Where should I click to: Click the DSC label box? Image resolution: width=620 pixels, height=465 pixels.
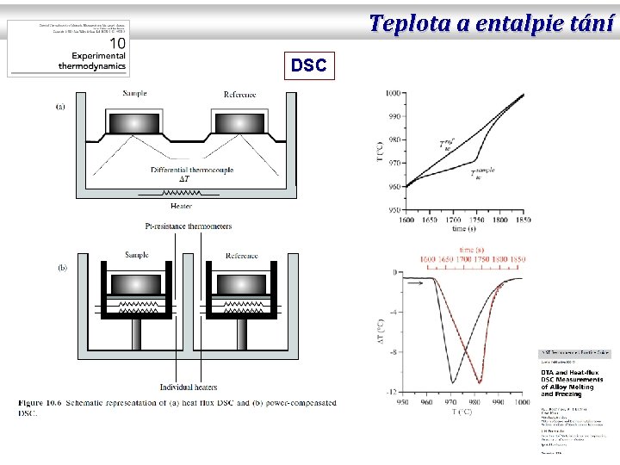coord(308,65)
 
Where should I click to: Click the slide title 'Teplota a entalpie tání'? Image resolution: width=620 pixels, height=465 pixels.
coord(492,23)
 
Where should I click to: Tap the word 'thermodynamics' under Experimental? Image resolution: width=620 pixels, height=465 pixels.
coord(92,66)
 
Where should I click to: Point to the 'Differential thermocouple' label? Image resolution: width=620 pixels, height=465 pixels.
coord(191,170)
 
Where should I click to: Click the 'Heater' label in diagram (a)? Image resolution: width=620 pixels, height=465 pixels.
coord(182,207)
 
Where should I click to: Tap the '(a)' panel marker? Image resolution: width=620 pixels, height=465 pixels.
coord(61,107)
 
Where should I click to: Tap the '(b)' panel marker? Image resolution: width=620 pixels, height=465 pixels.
coord(62,268)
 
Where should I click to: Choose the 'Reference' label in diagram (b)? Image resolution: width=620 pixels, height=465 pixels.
coord(241,256)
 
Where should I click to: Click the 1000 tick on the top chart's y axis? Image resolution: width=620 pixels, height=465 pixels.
coord(392,92)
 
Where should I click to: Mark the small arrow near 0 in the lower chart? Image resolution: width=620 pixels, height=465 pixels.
coord(416,281)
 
